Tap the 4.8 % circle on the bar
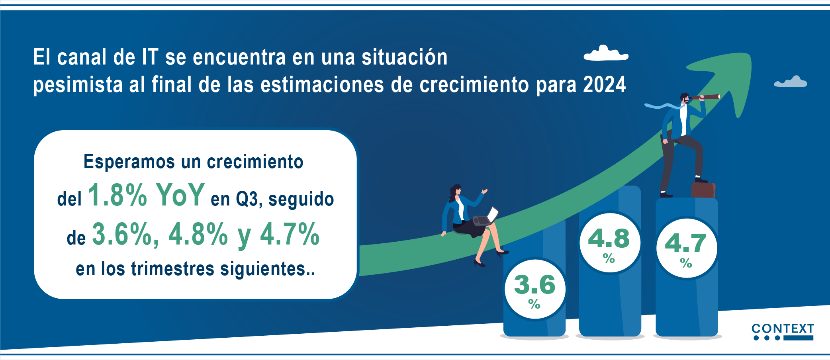(610, 243)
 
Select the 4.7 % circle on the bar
(687, 248)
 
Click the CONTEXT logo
(782, 332)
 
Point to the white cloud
(606, 53)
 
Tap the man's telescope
(705, 97)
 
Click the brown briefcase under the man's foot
(703, 190)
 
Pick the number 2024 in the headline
(605, 84)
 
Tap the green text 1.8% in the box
(117, 195)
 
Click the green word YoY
(180, 195)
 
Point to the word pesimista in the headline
(78, 85)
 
